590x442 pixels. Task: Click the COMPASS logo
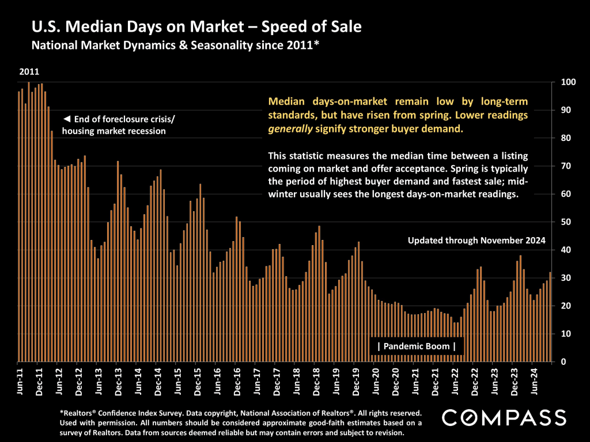point(504,417)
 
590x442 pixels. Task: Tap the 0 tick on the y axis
point(563,362)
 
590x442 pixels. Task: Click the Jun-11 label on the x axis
point(20,381)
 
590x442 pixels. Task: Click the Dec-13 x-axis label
point(118,381)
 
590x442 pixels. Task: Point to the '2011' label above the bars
point(29,72)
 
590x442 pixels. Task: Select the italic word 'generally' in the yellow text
point(290,129)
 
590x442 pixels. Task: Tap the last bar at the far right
point(550,317)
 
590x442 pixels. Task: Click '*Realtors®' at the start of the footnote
point(80,413)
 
